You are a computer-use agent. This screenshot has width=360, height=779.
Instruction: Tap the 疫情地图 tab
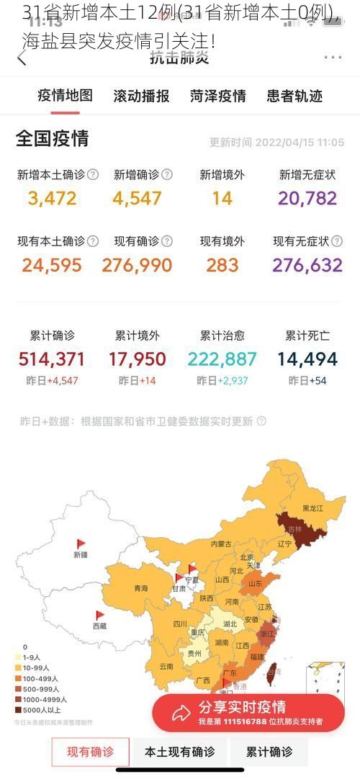(x=65, y=96)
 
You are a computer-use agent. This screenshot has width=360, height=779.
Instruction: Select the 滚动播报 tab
(x=141, y=96)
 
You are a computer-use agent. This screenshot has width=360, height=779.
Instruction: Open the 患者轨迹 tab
(x=294, y=96)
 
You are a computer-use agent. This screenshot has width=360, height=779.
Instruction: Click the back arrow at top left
(x=22, y=58)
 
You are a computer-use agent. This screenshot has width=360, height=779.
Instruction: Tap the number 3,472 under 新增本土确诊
(x=52, y=198)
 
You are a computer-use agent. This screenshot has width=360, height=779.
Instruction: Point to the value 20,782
(x=307, y=198)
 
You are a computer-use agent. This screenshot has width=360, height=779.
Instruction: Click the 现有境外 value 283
(x=222, y=265)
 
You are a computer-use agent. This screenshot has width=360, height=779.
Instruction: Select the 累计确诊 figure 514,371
(x=52, y=359)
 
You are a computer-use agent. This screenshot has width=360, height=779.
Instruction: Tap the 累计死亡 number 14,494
(x=307, y=359)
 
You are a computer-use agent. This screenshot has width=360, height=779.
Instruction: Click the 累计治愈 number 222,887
(x=222, y=359)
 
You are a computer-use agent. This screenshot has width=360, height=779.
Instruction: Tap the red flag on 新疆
(x=81, y=544)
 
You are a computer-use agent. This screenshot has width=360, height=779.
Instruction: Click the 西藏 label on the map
(x=99, y=626)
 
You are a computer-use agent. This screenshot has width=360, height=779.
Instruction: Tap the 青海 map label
(x=140, y=588)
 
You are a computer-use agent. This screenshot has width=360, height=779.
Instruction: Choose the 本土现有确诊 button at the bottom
(x=179, y=752)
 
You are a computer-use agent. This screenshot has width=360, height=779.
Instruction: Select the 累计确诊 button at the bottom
(x=269, y=752)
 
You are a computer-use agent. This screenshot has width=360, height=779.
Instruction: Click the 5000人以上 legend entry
(x=41, y=710)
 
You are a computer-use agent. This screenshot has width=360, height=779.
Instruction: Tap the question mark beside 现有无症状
(x=337, y=241)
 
